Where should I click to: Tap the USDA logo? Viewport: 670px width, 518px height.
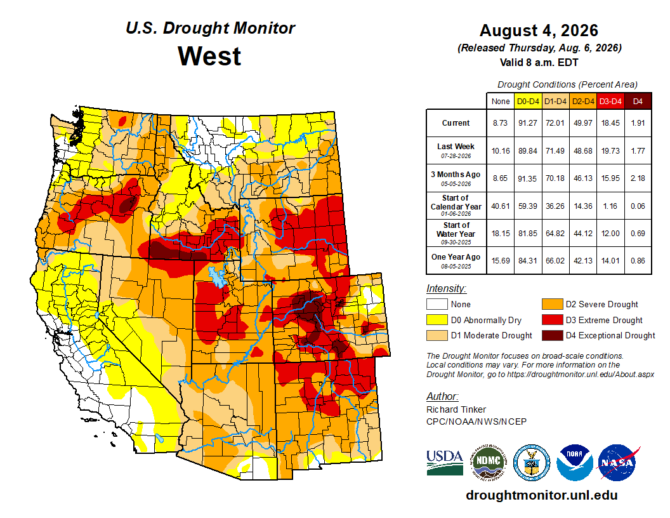pos(444,462)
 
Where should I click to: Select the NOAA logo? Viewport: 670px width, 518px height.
pos(575,462)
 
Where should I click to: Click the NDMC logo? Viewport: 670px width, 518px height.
pos(489,462)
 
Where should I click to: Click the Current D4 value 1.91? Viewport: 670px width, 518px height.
pos(638,123)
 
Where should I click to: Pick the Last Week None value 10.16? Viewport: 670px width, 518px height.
pos(500,150)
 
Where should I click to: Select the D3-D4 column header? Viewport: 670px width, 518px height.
pos(610,102)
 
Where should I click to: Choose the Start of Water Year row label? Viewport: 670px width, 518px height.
pos(456,233)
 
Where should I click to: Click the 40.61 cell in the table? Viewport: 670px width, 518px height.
pos(500,206)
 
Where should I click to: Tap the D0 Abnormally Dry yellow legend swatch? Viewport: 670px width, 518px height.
pos(437,320)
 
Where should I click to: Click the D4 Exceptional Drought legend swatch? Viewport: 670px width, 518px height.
pos(552,336)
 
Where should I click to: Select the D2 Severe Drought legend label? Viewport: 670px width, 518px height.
pos(601,304)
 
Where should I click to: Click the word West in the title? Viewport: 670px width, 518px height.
pos(209,56)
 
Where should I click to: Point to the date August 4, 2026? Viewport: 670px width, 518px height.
pos(539,30)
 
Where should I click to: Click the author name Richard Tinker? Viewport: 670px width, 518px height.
pos(456,409)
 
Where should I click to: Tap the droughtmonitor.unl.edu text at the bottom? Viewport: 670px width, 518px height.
pos(542,495)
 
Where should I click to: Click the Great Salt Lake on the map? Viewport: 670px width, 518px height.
pos(216,277)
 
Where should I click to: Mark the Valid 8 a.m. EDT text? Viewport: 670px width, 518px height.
pos(539,62)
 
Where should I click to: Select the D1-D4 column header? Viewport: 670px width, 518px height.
pos(555,102)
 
